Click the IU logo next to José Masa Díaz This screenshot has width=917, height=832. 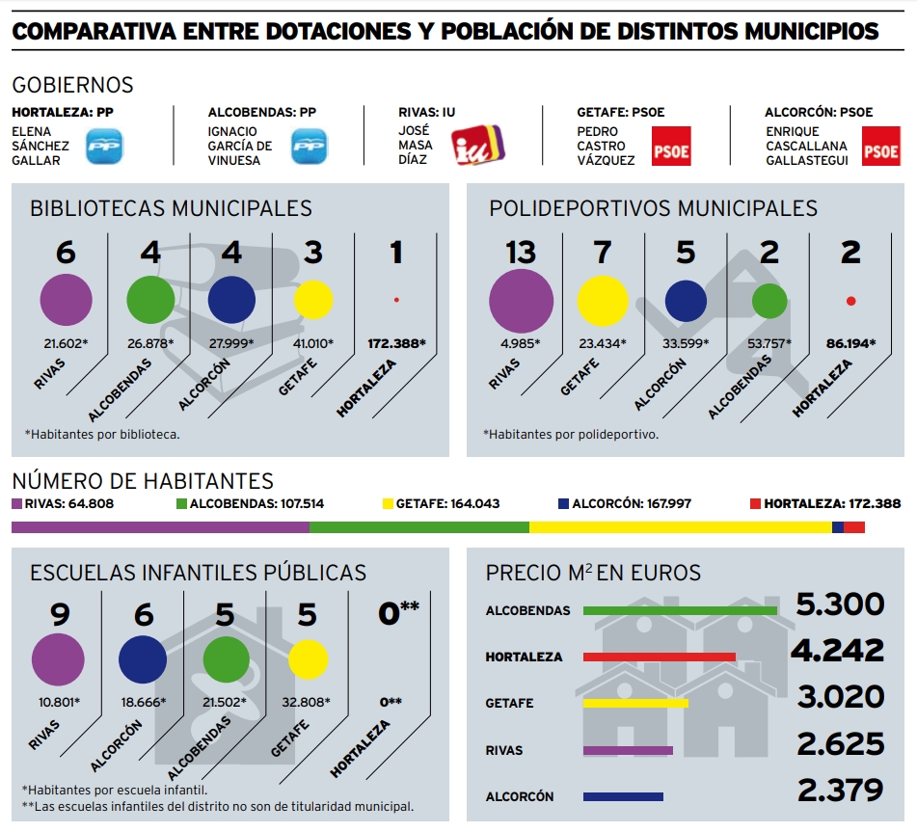click(x=480, y=146)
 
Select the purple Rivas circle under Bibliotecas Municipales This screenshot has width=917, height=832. click(x=66, y=299)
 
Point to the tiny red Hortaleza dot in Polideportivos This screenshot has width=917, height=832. click(x=850, y=301)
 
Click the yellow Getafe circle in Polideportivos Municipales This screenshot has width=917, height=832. click(x=603, y=300)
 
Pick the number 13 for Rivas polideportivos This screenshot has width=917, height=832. click(x=521, y=253)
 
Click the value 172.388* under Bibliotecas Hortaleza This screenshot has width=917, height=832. click(x=396, y=343)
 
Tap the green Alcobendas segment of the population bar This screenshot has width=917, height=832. click(x=418, y=527)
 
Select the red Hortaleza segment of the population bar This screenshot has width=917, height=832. click(x=854, y=527)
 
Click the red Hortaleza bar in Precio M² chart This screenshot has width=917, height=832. click(x=660, y=657)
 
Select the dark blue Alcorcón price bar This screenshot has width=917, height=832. click(x=623, y=796)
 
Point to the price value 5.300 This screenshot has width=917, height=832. click(x=840, y=604)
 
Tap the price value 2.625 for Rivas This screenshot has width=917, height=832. click(x=840, y=743)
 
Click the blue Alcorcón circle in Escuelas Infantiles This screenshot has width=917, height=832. click(x=143, y=659)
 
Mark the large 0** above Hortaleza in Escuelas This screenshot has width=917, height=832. click(x=398, y=612)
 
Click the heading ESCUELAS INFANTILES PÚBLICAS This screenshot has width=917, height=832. click(x=199, y=573)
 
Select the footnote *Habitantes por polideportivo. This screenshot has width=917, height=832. click(x=571, y=435)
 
